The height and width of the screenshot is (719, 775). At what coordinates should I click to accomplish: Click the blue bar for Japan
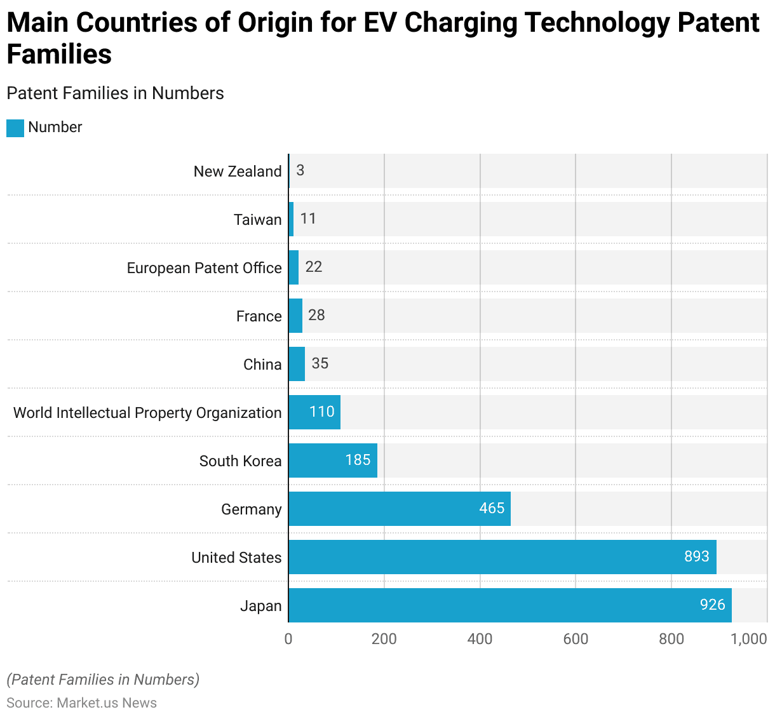pyautogui.click(x=510, y=605)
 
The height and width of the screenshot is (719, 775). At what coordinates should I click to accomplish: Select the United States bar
pyautogui.click(x=502, y=557)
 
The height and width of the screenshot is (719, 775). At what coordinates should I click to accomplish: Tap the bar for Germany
pyautogui.click(x=399, y=509)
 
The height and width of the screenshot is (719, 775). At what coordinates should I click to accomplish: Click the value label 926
pyautogui.click(x=712, y=605)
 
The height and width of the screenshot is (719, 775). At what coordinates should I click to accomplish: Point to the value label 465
pyautogui.click(x=492, y=508)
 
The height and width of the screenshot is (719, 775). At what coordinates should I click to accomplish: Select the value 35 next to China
pyautogui.click(x=320, y=363)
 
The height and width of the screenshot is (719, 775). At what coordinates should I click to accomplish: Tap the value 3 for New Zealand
pyautogui.click(x=300, y=170)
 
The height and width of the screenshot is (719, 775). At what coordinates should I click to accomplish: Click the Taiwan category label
pyautogui.click(x=257, y=220)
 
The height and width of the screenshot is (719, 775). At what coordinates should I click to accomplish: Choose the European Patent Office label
pyautogui.click(x=204, y=268)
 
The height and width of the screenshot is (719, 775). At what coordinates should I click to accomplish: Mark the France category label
pyautogui.click(x=259, y=316)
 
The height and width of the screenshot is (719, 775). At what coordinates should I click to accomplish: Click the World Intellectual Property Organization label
pyautogui.click(x=147, y=413)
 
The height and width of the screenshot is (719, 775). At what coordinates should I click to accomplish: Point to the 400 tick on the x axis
pyautogui.click(x=480, y=639)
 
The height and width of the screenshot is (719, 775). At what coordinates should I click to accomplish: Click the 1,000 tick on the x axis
pyautogui.click(x=749, y=639)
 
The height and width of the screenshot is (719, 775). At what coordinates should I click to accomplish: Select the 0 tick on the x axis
pyautogui.click(x=288, y=639)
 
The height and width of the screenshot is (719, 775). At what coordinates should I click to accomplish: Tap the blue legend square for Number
pyautogui.click(x=15, y=128)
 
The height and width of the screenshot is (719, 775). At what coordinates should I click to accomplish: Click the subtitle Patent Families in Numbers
pyautogui.click(x=115, y=93)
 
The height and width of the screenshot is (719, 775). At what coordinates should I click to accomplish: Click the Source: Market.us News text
pyautogui.click(x=81, y=703)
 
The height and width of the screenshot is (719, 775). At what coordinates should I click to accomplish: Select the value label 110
pyautogui.click(x=321, y=412)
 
